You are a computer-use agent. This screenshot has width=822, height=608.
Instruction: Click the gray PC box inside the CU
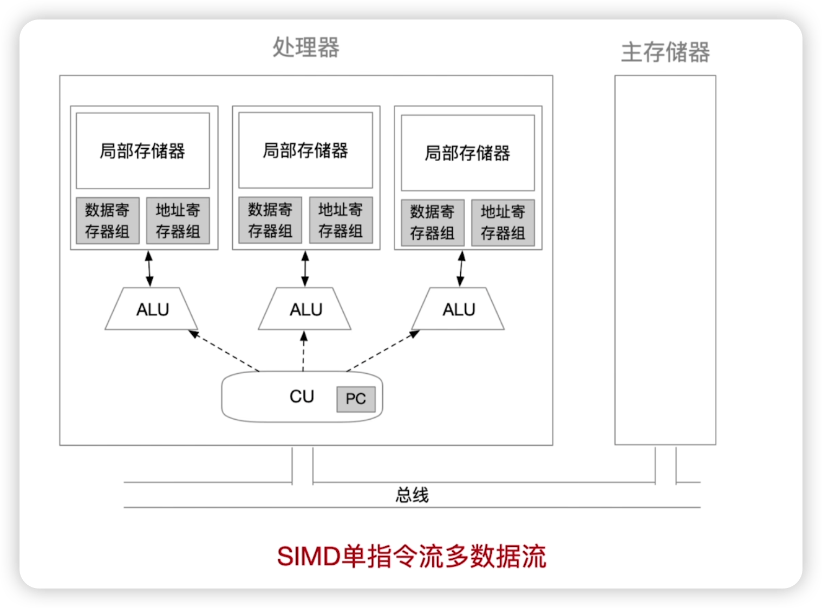tap(356, 399)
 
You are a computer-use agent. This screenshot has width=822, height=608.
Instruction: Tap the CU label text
tap(302, 396)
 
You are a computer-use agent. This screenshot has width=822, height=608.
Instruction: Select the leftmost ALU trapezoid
tap(152, 309)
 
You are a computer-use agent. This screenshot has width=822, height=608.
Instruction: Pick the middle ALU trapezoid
tap(305, 309)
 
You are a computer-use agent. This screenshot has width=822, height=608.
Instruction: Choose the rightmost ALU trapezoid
tap(459, 309)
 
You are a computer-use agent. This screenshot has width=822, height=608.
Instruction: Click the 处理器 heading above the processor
tap(306, 48)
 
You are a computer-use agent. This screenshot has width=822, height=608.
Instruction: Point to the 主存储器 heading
tap(665, 52)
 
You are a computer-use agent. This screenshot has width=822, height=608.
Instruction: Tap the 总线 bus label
tap(412, 494)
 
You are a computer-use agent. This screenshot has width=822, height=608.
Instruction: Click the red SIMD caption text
tap(412, 556)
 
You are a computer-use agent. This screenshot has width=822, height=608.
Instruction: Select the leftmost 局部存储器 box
tap(142, 151)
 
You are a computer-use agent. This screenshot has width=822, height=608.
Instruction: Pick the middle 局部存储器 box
tap(305, 150)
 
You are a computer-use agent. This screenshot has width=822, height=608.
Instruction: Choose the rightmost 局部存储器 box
tap(467, 153)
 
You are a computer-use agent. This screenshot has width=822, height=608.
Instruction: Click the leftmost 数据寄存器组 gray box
tap(107, 221)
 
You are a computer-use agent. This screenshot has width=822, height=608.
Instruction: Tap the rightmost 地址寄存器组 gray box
tap(503, 222)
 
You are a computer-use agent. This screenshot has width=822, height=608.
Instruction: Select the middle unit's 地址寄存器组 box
tap(341, 220)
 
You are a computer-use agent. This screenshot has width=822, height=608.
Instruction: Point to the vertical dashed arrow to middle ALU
tap(304, 351)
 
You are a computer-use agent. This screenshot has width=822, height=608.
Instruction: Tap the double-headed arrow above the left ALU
tap(149, 268)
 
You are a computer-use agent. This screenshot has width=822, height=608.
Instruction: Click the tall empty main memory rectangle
tap(665, 260)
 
